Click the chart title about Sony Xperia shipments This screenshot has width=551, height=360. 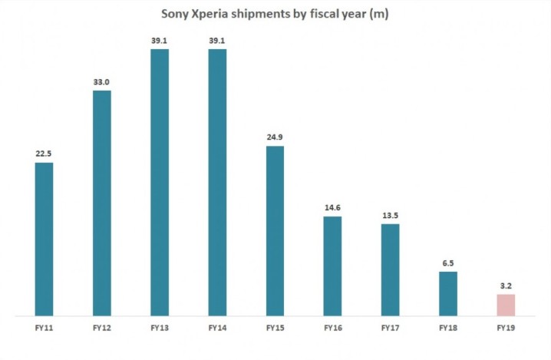pos(275,14)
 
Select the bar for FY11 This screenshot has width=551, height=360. pos(45,239)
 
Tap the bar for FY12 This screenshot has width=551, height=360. pos(102,203)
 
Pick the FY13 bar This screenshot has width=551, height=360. pos(160,182)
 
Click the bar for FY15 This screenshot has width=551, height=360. pos(275,230)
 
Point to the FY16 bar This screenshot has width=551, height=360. pos(332,266)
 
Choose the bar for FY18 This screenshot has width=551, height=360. pos(448,293)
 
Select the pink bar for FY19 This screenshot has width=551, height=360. pos(506,305)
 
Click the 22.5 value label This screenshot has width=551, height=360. pos(45,153)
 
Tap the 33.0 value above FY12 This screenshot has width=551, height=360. pos(102,81)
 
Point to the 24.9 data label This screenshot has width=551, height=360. pos(275,137)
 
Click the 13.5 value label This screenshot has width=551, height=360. pos(391,214)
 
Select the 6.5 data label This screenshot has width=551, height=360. pos(448,263)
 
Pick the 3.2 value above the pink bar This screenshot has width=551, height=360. pos(506,285)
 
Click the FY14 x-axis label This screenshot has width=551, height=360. pos(217,329)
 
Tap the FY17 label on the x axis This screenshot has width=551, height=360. pos(391,329)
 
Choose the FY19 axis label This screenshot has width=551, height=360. pos(506,329)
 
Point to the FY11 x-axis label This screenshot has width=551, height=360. pos(45,329)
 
